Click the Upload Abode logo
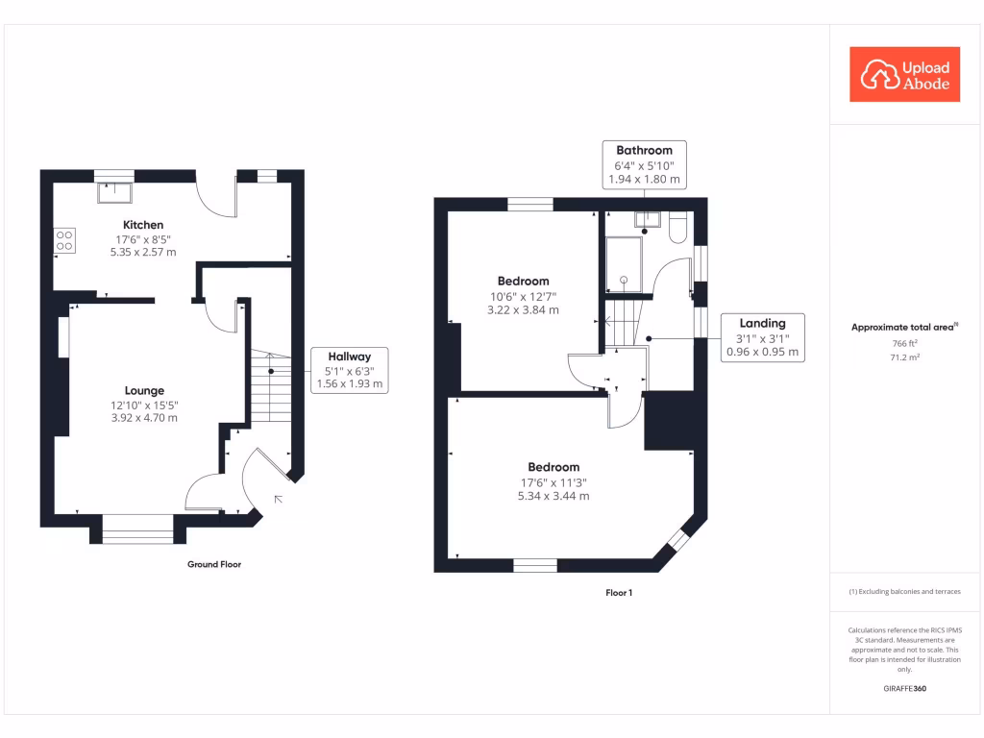[904, 74]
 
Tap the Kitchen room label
[143, 225]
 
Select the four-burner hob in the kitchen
[64, 240]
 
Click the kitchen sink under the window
[115, 192]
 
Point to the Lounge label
[144, 390]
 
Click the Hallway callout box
[350, 370]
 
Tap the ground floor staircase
[271, 385]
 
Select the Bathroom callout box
[645, 164]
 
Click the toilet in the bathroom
[677, 227]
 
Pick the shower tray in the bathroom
[623, 264]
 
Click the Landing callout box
[762, 337]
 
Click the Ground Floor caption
[214, 564]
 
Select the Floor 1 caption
[619, 592]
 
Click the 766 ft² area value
[905, 343]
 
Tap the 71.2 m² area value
[905, 357]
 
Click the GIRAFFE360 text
[905, 688]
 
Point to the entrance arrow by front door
[278, 499]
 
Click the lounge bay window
[138, 529]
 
